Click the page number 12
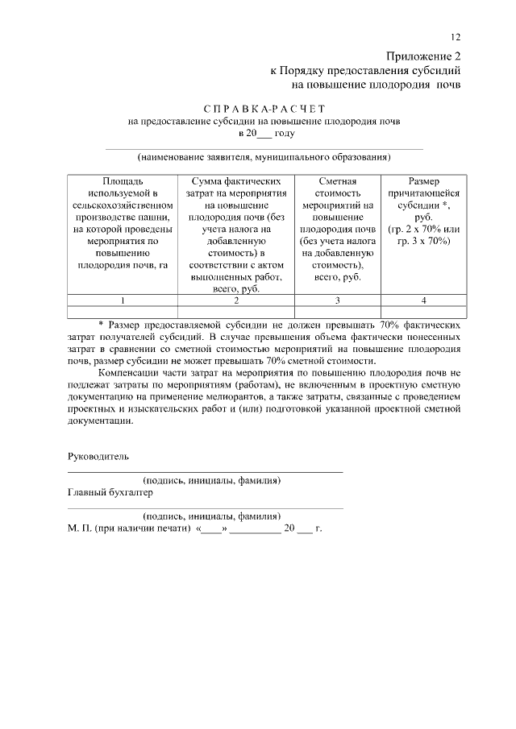coord(456,38)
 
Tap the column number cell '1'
coord(123,300)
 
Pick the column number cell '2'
coord(235,300)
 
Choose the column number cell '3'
coord(338,300)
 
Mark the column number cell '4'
coord(423,300)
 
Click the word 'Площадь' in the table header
coord(123,182)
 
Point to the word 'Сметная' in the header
coord(338,182)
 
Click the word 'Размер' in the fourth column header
coord(423,182)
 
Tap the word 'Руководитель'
coord(97,456)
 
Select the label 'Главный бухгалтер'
coord(110,492)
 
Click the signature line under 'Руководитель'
coord(205,470)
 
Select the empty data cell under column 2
coord(235,312)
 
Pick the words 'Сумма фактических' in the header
coord(235,182)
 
